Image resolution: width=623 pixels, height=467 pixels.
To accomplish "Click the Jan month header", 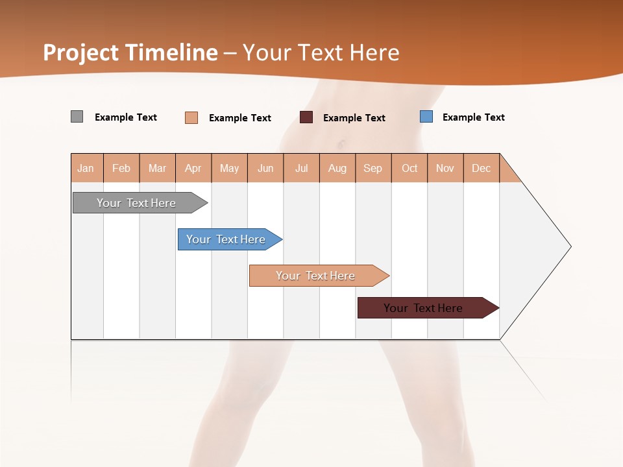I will click(86, 168).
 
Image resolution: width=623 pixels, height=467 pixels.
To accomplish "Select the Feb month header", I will click(121, 168).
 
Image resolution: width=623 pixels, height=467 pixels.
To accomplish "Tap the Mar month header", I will click(157, 168).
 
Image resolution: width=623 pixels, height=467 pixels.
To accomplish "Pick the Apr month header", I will click(193, 168).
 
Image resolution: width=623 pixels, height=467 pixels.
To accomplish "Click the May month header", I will click(229, 168).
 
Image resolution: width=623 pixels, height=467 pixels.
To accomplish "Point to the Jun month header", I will click(265, 168).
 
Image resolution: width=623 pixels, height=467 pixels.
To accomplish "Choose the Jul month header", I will click(301, 168).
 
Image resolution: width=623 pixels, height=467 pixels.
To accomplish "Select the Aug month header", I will click(337, 168).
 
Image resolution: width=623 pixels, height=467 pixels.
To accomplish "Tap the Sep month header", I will click(373, 168).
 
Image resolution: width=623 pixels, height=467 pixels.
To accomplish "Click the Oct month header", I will click(409, 168).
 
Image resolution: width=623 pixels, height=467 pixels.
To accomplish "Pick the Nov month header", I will click(445, 168).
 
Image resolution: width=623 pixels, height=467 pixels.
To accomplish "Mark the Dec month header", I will click(482, 168).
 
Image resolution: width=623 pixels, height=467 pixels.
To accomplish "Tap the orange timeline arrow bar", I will click(315, 276).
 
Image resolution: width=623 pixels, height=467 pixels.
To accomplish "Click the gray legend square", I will click(77, 117).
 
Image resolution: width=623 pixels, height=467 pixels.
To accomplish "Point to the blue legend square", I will click(426, 117).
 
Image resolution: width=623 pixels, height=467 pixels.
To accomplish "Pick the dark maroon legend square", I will click(306, 117).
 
